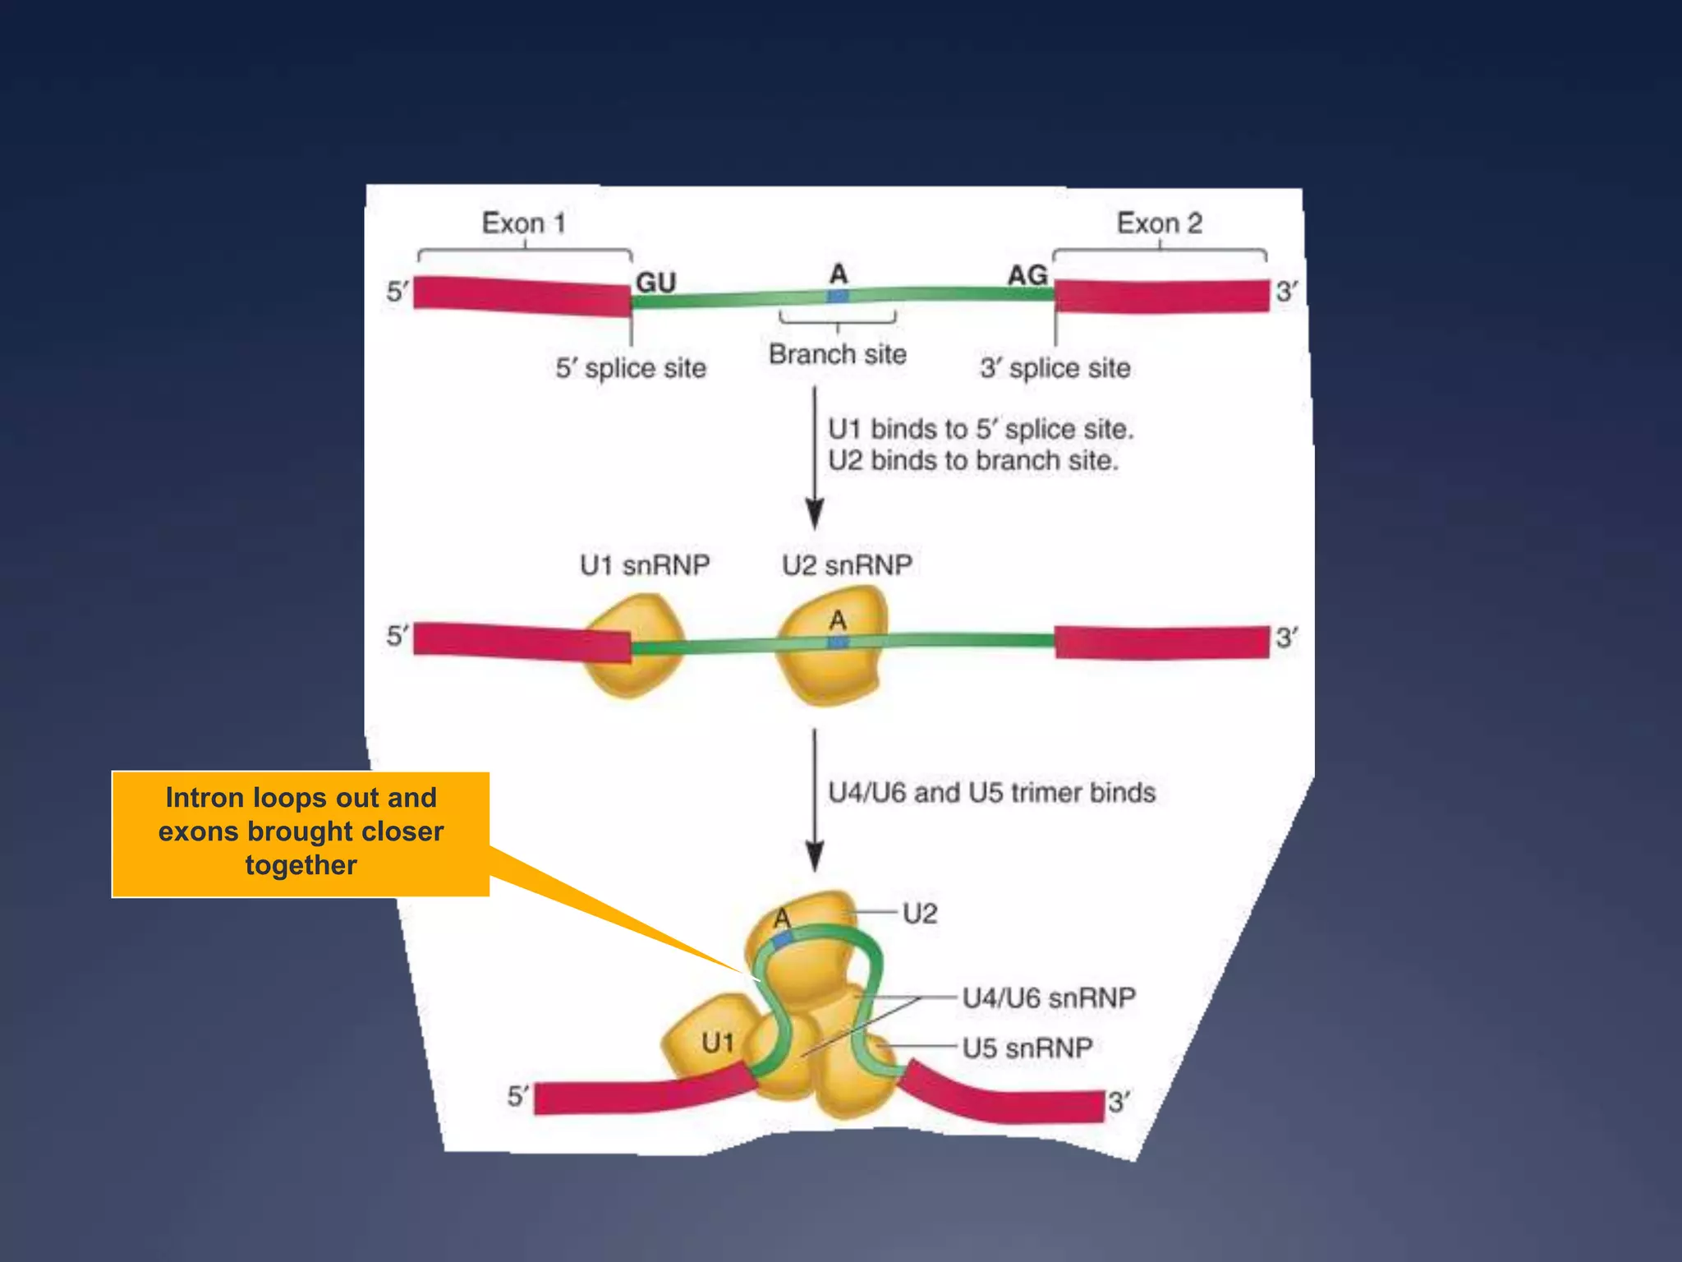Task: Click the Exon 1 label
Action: click(523, 223)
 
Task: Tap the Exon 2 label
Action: click(1159, 223)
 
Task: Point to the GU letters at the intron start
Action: click(655, 283)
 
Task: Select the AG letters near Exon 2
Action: click(1027, 275)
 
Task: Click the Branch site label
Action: click(837, 354)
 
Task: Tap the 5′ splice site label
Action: click(631, 368)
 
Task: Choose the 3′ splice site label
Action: click(1055, 368)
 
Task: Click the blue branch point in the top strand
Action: click(837, 296)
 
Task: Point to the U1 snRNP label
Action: click(645, 565)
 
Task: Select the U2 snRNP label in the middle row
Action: click(847, 565)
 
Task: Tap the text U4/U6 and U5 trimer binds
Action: click(991, 793)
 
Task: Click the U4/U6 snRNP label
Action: click(1049, 998)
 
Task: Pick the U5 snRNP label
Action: click(1027, 1048)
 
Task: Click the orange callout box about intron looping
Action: click(301, 832)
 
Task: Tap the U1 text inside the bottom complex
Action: click(718, 1043)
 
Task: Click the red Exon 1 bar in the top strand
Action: click(522, 296)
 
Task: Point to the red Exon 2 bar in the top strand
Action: click(1161, 296)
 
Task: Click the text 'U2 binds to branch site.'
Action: click(972, 461)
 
